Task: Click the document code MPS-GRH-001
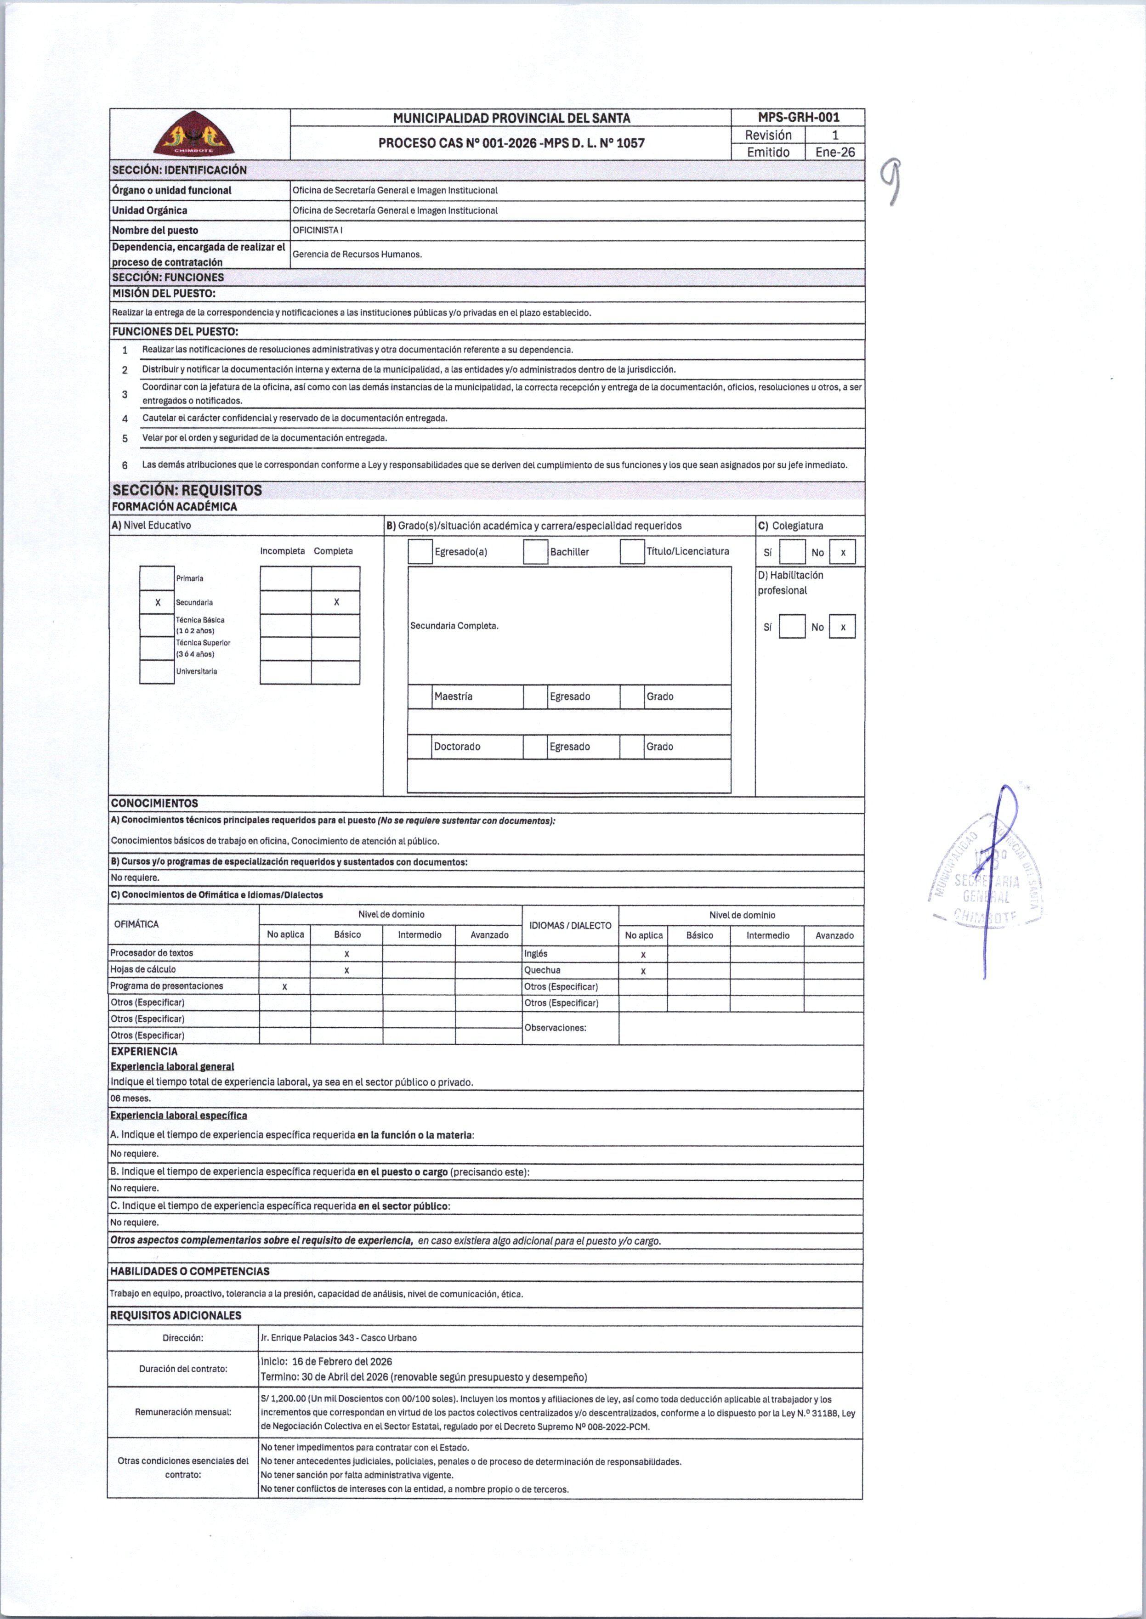point(798,117)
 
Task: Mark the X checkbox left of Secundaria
point(157,602)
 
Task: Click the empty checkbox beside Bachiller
point(536,552)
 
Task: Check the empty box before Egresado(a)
point(420,552)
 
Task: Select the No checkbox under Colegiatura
point(843,552)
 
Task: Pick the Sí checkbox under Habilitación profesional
point(792,627)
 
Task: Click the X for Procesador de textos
point(346,954)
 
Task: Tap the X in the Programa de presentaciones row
point(284,986)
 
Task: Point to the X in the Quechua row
point(643,971)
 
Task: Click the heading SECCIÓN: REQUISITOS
point(187,490)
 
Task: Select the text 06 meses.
point(130,1098)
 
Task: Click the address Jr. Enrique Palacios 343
point(339,1337)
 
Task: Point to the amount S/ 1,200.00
point(283,1399)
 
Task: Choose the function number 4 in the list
point(125,419)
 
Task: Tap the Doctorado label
point(457,747)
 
